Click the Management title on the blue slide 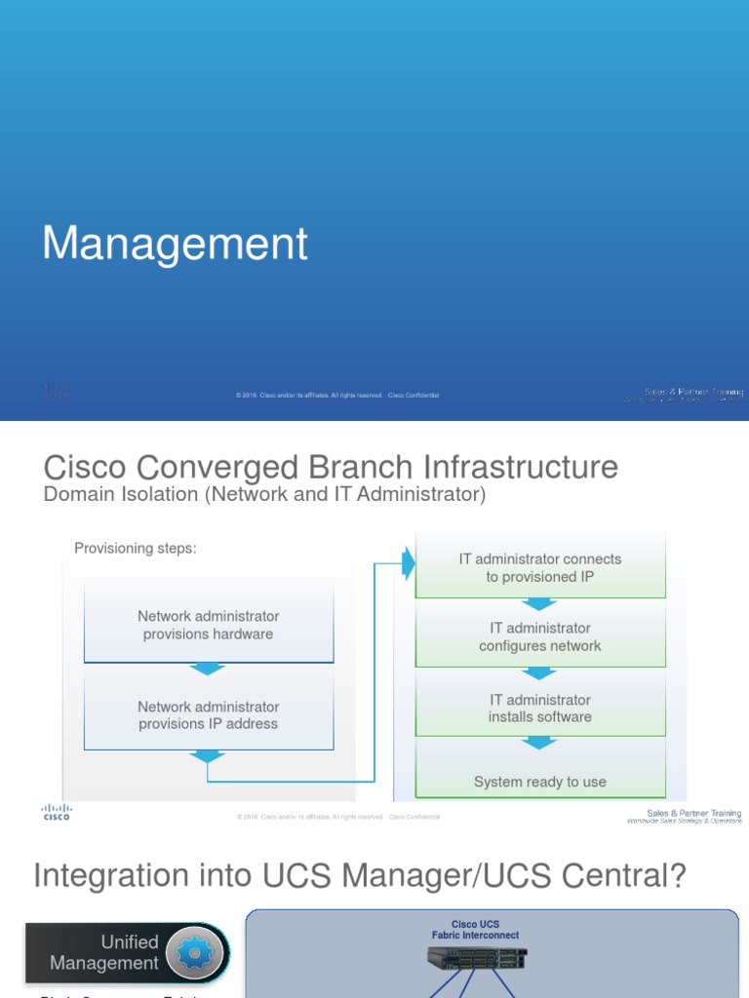click(x=176, y=244)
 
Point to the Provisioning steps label click(x=136, y=549)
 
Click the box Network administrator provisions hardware click(x=209, y=625)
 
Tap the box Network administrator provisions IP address click(x=209, y=715)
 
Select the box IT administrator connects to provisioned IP click(x=540, y=567)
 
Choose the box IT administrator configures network click(x=540, y=637)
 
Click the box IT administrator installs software click(x=540, y=709)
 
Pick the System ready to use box click(x=540, y=781)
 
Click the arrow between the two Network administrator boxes click(x=208, y=669)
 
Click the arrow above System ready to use click(x=539, y=744)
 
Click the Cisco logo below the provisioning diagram click(x=56, y=813)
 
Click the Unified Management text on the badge click(x=104, y=953)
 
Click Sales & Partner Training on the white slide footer click(x=693, y=813)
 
